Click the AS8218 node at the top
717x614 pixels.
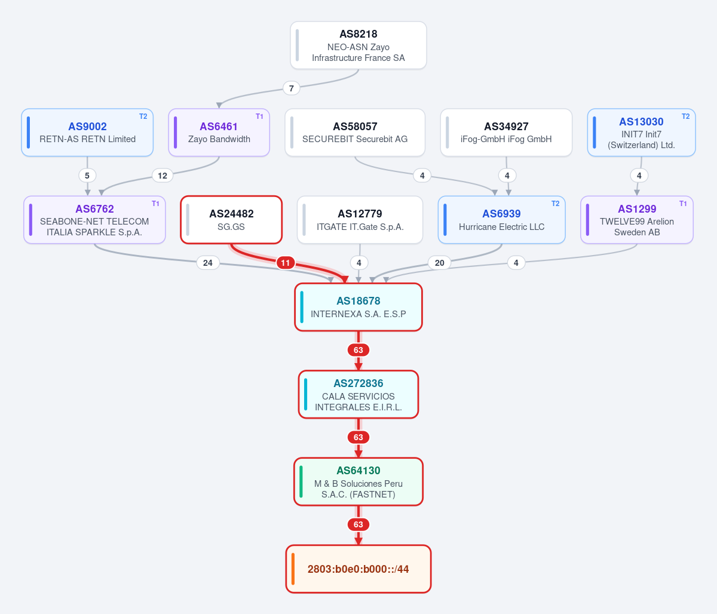click(358, 45)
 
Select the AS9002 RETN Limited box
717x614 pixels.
click(87, 133)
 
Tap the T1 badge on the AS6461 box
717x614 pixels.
click(259, 116)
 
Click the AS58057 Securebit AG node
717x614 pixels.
click(355, 133)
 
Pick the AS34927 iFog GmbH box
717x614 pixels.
click(506, 133)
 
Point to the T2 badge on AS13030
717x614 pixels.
click(686, 116)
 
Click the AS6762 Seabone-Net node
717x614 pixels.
click(94, 220)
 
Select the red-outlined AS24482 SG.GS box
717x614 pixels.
click(231, 220)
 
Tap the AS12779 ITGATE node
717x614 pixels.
click(360, 220)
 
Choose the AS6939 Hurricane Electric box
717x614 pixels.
click(501, 220)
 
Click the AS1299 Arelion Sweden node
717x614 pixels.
click(637, 220)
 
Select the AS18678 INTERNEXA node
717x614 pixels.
click(358, 307)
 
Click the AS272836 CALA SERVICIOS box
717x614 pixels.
click(358, 395)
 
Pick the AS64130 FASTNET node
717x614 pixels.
click(358, 482)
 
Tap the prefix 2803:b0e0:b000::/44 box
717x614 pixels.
click(358, 569)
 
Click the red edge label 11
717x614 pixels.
click(286, 263)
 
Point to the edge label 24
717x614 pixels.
click(208, 263)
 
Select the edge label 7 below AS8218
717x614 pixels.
click(292, 88)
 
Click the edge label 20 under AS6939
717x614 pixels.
click(440, 263)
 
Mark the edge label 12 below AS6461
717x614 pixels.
click(163, 176)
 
